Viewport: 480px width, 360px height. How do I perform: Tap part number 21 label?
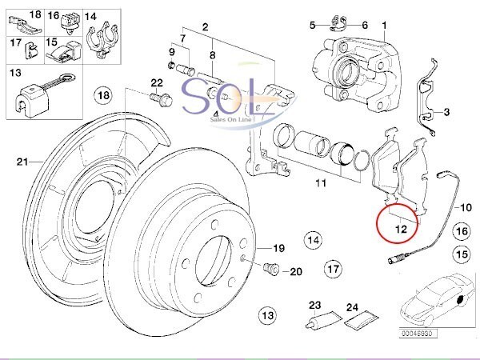coord(22,162)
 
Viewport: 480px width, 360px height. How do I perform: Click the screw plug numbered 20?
coord(270,269)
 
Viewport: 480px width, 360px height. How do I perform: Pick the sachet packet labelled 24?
coord(362,319)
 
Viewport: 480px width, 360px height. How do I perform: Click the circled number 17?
coord(333,269)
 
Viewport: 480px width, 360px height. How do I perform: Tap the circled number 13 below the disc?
coord(267,315)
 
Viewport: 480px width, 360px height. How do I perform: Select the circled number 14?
coord(314,239)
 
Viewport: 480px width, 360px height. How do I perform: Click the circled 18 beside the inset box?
coord(103,95)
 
